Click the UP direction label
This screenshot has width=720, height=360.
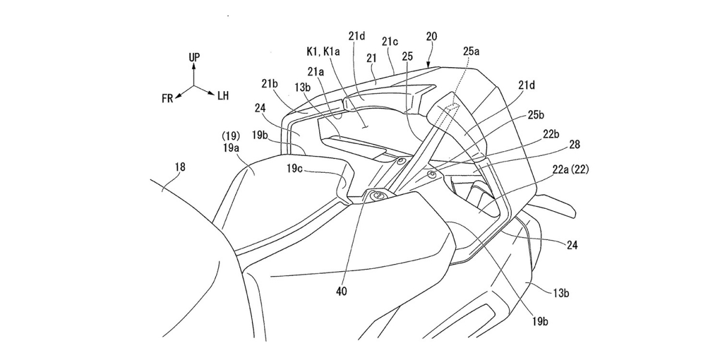[194, 57]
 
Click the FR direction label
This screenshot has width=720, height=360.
[167, 98]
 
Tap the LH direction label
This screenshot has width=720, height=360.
[223, 95]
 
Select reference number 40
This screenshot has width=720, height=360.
[341, 292]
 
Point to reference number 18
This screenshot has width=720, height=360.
[180, 167]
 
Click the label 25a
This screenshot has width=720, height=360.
[471, 51]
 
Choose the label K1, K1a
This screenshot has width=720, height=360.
[323, 52]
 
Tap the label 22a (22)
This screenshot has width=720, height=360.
[571, 169]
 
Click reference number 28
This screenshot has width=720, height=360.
[574, 145]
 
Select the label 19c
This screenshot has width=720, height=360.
[295, 169]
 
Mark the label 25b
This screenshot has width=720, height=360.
[536, 115]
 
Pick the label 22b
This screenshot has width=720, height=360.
[551, 134]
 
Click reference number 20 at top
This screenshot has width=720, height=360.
[431, 37]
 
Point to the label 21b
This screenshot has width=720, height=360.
[269, 84]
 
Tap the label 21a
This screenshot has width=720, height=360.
[316, 72]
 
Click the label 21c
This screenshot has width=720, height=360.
[390, 41]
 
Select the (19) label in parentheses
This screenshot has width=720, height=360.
[231, 136]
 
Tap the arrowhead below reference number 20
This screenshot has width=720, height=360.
[429, 65]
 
